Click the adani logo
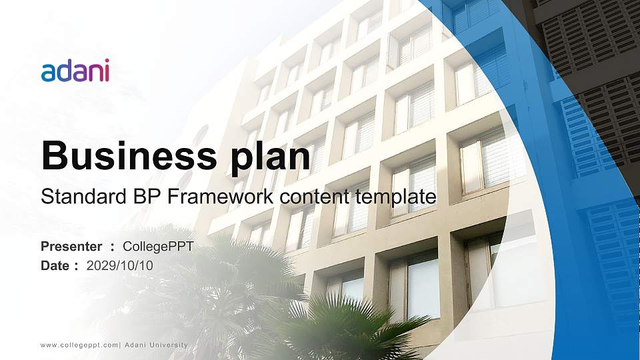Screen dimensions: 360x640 pos(75,70)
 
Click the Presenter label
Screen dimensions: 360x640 pos(71,247)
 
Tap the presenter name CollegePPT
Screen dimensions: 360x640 pos(158,247)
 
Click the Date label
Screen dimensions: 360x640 pos(55,265)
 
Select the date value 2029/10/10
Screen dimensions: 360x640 pos(120,265)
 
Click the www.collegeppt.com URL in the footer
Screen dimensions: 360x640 pos(79,345)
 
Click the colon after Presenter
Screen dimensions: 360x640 pos(112,247)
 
